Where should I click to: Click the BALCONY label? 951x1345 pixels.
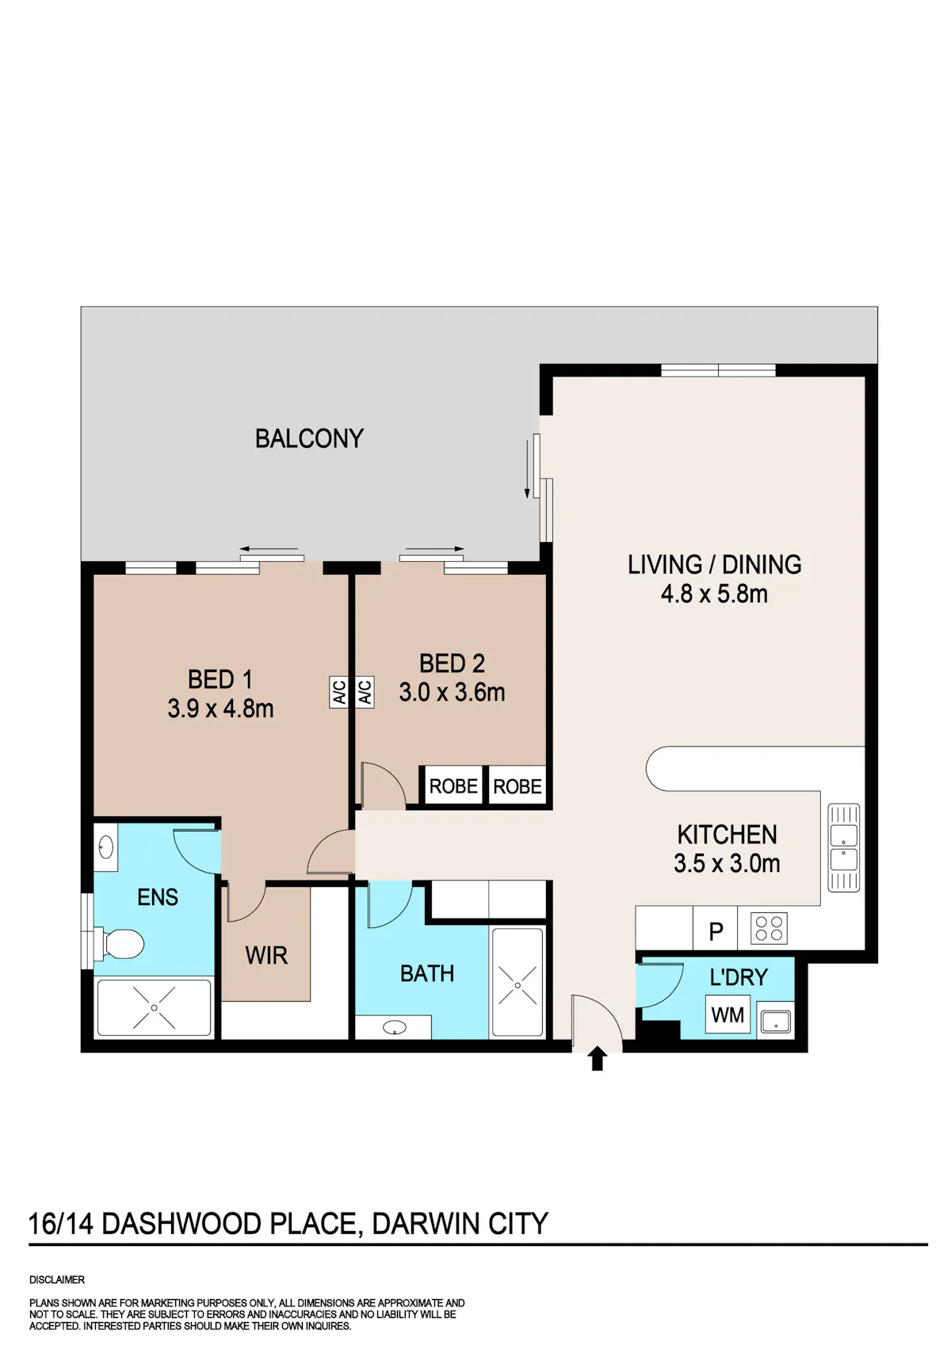click(x=309, y=438)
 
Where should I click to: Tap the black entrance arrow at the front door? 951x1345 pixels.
click(x=597, y=1059)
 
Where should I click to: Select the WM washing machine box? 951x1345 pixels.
click(x=728, y=1014)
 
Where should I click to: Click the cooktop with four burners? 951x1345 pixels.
click(x=769, y=927)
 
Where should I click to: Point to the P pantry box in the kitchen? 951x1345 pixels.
click(x=716, y=928)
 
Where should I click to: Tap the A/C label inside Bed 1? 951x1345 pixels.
click(x=338, y=693)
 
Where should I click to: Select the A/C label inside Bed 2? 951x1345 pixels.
click(x=365, y=693)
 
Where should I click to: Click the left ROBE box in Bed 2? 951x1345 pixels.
click(x=453, y=786)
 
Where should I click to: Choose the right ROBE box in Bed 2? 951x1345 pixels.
click(x=517, y=786)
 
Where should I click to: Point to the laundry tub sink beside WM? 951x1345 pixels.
click(x=775, y=1020)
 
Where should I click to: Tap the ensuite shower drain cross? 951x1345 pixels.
click(x=155, y=1007)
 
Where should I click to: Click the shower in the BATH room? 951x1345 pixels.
click(x=518, y=982)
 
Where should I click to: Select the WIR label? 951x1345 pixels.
click(x=266, y=955)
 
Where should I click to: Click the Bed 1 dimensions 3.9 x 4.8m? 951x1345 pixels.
click(x=220, y=709)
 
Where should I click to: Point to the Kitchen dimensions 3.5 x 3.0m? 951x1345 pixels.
click(x=727, y=863)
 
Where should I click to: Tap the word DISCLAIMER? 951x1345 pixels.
click(x=57, y=1279)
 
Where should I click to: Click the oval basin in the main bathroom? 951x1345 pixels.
click(x=395, y=1028)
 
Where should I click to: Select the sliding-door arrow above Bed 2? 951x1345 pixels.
click(x=434, y=548)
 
